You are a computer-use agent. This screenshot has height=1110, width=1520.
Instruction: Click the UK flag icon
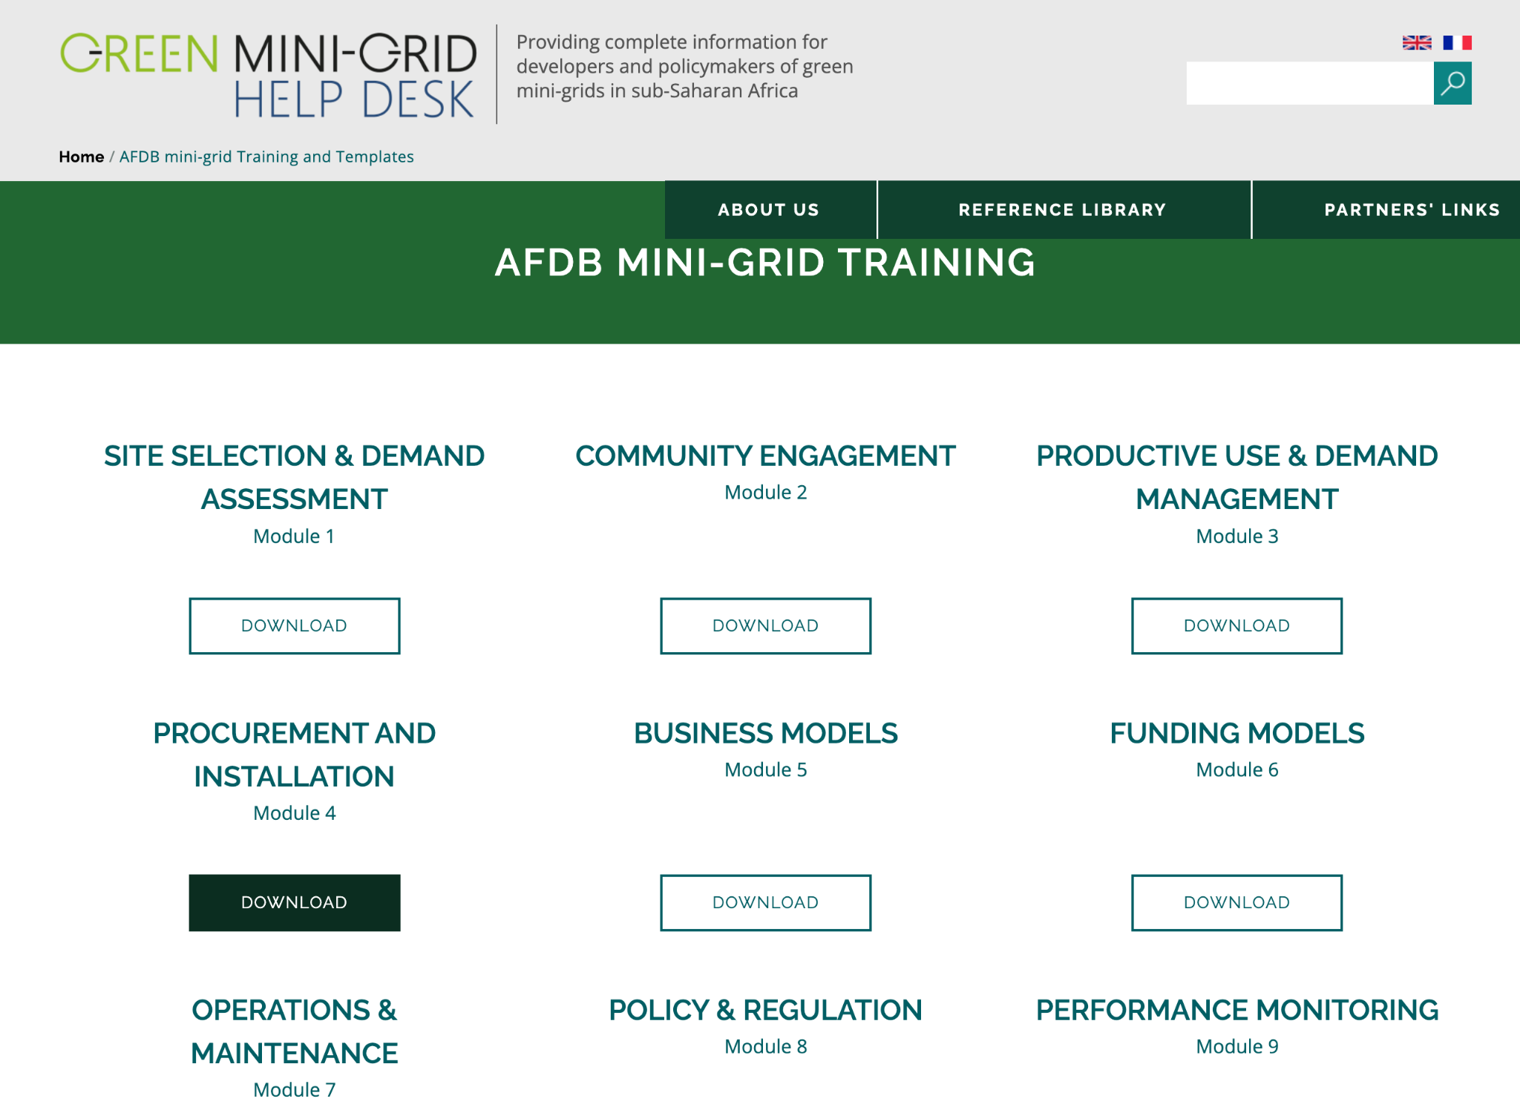1416,43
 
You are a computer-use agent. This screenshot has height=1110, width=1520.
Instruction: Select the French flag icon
1457,43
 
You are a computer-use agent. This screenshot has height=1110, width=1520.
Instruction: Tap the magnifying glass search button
1452,83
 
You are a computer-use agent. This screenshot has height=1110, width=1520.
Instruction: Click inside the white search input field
1309,83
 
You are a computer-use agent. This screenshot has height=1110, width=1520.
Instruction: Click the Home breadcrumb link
82,157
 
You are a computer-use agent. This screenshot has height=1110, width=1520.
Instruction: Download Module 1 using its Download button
295,625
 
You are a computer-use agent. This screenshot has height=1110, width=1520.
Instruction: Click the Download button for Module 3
1236,625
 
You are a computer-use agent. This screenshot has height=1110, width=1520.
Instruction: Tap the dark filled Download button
295,902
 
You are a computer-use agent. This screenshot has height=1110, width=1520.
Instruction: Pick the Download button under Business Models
766,902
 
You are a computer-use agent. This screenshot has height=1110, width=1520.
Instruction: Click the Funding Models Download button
1236,902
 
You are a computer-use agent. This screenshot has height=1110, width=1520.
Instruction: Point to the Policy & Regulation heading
766,1010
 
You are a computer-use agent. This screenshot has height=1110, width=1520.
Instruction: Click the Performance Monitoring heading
1237,1010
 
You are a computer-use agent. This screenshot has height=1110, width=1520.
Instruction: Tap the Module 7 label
295,1089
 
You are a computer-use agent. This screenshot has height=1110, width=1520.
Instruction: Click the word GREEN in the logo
139,53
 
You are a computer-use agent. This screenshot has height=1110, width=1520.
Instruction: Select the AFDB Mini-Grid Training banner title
765,263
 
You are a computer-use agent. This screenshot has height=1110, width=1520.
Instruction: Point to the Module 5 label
766,769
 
